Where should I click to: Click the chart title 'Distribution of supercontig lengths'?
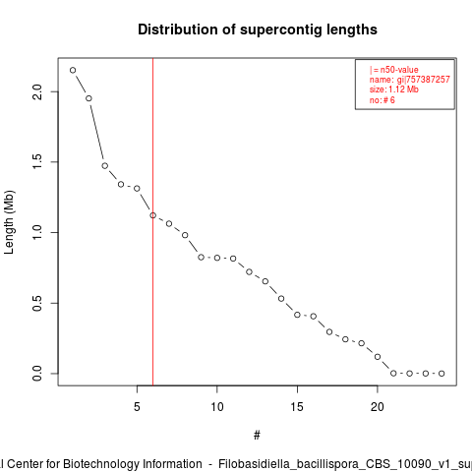point(258,29)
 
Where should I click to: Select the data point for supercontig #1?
point(73,70)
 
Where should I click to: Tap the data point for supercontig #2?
point(88,98)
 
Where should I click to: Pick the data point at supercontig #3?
point(105,166)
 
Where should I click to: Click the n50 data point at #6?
point(153,215)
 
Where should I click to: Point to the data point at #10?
point(217,258)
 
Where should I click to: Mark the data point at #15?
point(297,315)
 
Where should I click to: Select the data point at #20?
point(378,357)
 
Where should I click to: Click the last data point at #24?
point(442,374)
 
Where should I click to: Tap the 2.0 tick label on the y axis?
point(37,91)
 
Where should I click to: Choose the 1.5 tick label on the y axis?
point(37,162)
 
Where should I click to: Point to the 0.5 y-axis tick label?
point(37,303)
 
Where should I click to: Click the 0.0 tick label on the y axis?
point(37,374)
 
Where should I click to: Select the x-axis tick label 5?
point(137,407)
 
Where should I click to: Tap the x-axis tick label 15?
point(297,407)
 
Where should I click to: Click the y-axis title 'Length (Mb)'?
point(9,222)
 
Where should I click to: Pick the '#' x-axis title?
point(257,436)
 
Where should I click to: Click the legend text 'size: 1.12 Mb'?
point(394,89)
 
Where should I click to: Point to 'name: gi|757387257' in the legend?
point(410,80)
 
